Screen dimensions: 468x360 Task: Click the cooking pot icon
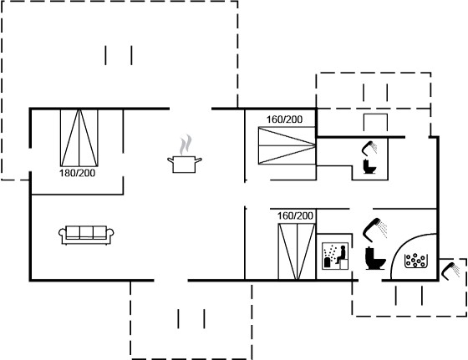pyautogui.click(x=184, y=165)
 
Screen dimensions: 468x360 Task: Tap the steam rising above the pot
pyautogui.click(x=186, y=145)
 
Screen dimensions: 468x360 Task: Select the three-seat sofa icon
pyautogui.click(x=86, y=235)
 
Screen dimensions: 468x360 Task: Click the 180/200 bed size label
pyautogui.click(x=77, y=173)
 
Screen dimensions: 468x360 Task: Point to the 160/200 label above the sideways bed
pyautogui.click(x=284, y=119)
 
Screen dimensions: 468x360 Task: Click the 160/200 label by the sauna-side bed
pyautogui.click(x=295, y=215)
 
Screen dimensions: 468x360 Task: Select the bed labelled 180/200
pyautogui.click(x=79, y=138)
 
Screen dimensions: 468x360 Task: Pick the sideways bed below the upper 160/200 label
pyautogui.click(x=287, y=145)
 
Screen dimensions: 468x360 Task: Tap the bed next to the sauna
pyautogui.click(x=297, y=251)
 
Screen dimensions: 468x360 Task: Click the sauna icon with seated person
pyautogui.click(x=335, y=256)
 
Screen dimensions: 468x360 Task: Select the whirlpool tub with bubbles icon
pyautogui.click(x=415, y=261)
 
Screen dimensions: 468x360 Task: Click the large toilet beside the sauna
pyautogui.click(x=375, y=258)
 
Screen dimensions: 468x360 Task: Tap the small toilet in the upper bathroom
pyautogui.click(x=369, y=167)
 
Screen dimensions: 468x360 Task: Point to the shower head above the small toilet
pyautogui.click(x=369, y=148)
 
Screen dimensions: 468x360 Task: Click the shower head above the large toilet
pyautogui.click(x=374, y=230)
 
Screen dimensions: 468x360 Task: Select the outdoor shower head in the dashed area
pyautogui.click(x=450, y=271)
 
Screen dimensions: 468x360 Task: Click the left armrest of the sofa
pyautogui.click(x=62, y=233)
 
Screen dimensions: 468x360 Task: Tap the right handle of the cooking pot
pyautogui.click(x=199, y=160)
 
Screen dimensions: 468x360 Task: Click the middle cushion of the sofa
pyautogui.click(x=86, y=232)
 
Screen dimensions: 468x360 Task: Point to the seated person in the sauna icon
pyautogui.click(x=341, y=255)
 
